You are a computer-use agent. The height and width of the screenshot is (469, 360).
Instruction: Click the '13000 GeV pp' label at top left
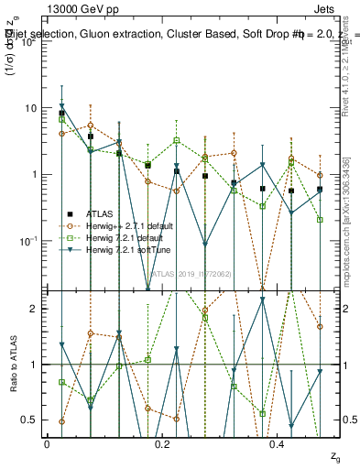tap(82, 7)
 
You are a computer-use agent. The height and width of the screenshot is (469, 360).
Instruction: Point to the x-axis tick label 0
tap(47, 444)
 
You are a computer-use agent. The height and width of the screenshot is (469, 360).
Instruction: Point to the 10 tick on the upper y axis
tap(29, 108)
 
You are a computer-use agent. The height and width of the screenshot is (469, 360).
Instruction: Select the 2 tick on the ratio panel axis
tap(32, 309)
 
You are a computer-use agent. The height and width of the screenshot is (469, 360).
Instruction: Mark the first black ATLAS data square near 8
tap(61, 114)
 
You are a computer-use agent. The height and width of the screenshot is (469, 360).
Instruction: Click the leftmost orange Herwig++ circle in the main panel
tap(61, 134)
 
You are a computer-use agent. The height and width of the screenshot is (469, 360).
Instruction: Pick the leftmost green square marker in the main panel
tap(61, 119)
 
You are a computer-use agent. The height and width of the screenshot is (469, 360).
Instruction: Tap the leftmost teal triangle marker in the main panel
tap(61, 106)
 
